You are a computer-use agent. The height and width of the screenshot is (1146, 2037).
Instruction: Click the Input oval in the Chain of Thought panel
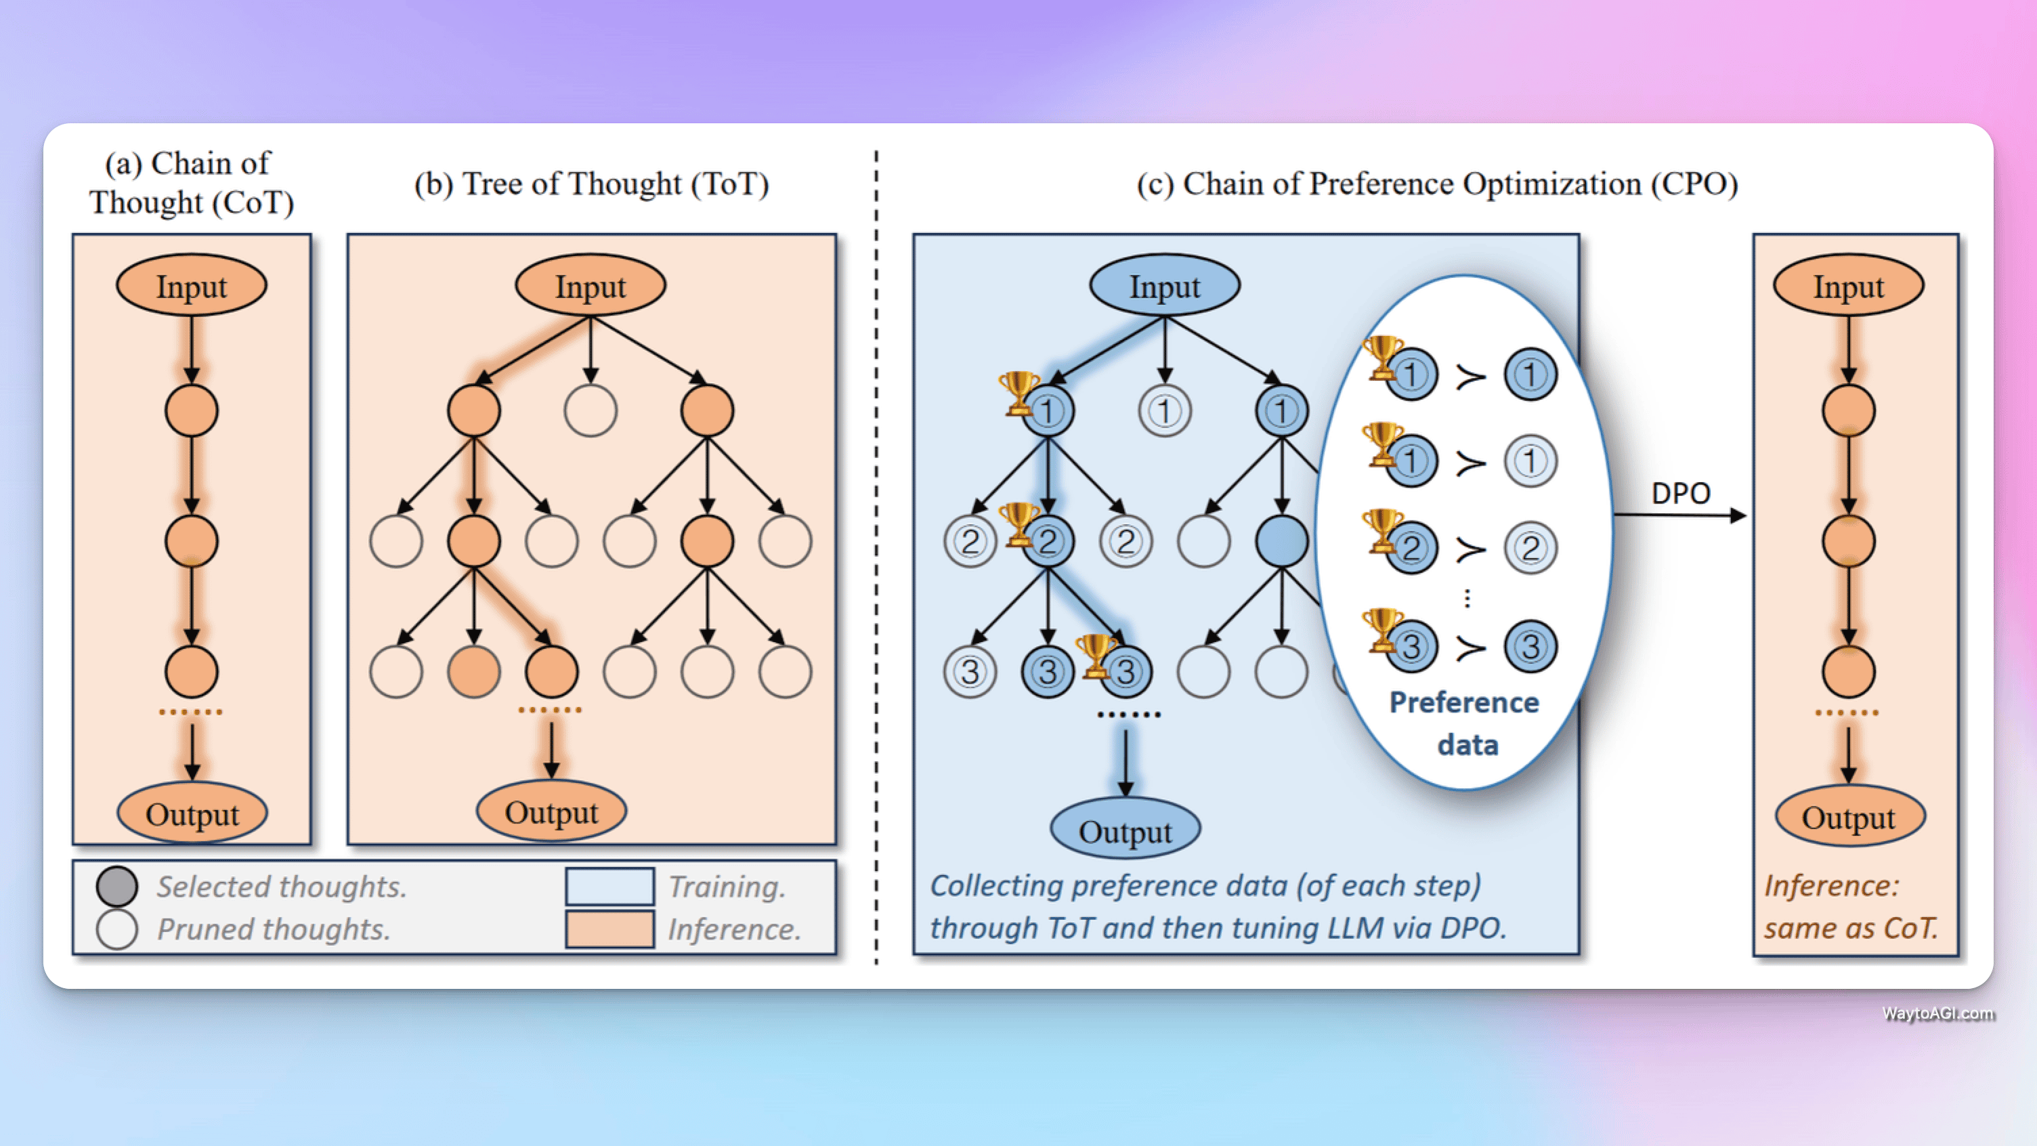[192, 286]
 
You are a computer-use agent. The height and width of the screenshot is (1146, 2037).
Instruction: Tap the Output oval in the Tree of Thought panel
[551, 811]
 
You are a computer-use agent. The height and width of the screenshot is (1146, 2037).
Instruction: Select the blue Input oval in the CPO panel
[1164, 286]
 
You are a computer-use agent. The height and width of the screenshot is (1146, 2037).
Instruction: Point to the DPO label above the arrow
[1680, 494]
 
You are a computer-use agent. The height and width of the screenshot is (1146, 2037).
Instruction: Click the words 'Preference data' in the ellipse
[1465, 723]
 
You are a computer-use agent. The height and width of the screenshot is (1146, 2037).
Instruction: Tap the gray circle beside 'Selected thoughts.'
[117, 887]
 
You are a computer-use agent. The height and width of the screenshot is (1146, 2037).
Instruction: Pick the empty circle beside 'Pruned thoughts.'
[117, 929]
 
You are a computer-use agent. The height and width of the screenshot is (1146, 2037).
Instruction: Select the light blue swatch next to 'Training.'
[609, 887]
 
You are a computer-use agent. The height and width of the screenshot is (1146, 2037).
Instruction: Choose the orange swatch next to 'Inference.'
[609, 929]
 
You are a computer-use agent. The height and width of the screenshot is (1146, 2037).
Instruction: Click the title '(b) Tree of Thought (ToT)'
[591, 184]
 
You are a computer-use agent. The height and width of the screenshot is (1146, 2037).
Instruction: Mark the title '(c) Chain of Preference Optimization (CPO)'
[1437, 184]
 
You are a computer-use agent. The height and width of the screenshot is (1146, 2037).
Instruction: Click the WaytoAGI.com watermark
[1937, 1014]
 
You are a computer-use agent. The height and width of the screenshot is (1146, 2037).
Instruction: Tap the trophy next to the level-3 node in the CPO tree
[1095, 655]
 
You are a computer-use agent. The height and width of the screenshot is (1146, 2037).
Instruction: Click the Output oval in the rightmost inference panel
[1849, 816]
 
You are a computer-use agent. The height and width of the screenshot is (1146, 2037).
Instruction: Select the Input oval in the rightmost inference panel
[1848, 286]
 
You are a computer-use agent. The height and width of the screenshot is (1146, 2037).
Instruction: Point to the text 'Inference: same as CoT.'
[1850, 907]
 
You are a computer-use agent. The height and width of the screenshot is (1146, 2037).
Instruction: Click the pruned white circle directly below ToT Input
[590, 410]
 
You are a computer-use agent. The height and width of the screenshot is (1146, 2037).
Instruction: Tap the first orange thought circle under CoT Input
[192, 410]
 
